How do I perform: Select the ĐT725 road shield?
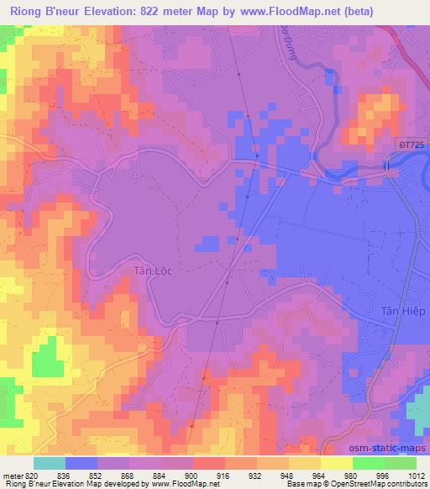(x=409, y=146)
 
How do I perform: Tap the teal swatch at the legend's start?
(x=49, y=462)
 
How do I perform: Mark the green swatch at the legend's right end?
(x=399, y=462)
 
